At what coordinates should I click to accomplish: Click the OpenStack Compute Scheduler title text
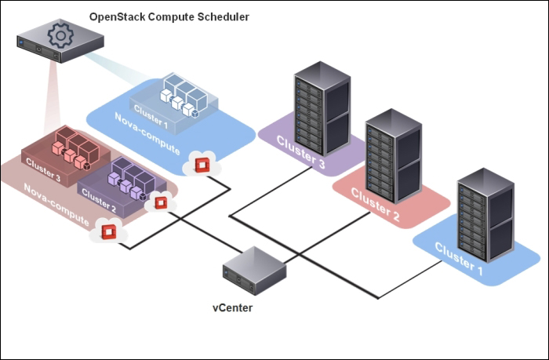169,16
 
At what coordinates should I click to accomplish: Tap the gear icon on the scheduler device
58,35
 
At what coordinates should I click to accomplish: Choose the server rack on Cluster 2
393,156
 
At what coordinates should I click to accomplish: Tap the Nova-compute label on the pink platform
56,202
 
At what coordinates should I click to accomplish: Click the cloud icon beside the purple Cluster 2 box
162,202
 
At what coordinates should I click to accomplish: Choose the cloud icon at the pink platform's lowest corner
108,231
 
